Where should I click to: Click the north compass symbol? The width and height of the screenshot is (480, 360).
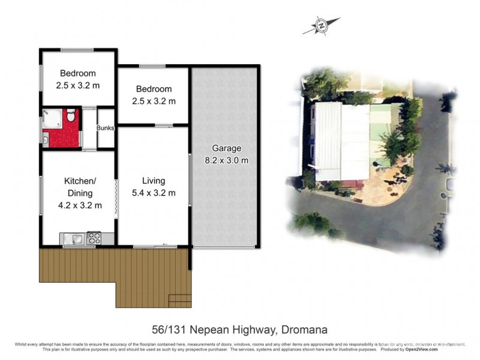pyautogui.click(x=322, y=26)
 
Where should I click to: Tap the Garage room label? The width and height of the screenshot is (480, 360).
pyautogui.click(x=226, y=148)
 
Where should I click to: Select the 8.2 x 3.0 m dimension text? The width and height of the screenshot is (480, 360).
pyautogui.click(x=226, y=160)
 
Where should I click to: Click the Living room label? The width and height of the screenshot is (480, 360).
pyautogui.click(x=154, y=181)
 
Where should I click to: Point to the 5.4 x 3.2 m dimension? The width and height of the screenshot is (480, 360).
pyautogui.click(x=154, y=193)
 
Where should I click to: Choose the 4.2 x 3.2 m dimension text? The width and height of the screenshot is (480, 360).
pyautogui.click(x=79, y=205)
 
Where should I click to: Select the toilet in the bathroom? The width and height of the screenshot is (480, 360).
pyautogui.click(x=71, y=115)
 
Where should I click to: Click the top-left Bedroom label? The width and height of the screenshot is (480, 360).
pyautogui.click(x=77, y=74)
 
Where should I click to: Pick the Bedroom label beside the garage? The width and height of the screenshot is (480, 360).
pyautogui.click(x=153, y=89)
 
